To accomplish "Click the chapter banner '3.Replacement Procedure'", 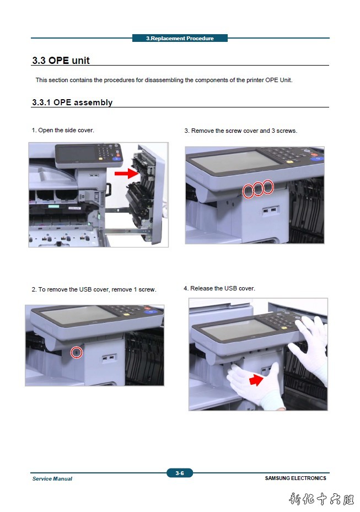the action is click(180, 38).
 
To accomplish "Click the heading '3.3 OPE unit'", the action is click(61, 61).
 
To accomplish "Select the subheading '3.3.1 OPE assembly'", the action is click(72, 103).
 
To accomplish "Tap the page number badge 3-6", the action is click(180, 473).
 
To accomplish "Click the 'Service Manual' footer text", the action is click(52, 479).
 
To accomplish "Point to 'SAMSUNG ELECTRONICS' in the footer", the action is click(295, 478).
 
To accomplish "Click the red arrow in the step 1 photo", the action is click(127, 173).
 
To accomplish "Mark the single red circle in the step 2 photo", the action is click(77, 352).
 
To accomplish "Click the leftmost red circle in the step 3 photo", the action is click(248, 191).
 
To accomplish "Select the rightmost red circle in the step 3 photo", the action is click(268, 187).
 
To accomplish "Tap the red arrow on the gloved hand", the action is click(256, 380).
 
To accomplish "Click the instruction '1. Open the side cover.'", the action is click(63, 130).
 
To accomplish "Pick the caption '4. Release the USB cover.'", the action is click(219, 288).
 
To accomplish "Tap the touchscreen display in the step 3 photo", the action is click(232, 161).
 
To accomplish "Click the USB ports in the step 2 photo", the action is click(109, 358).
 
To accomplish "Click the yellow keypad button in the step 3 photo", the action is click(289, 161).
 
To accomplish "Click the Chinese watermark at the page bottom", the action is click(321, 499).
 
